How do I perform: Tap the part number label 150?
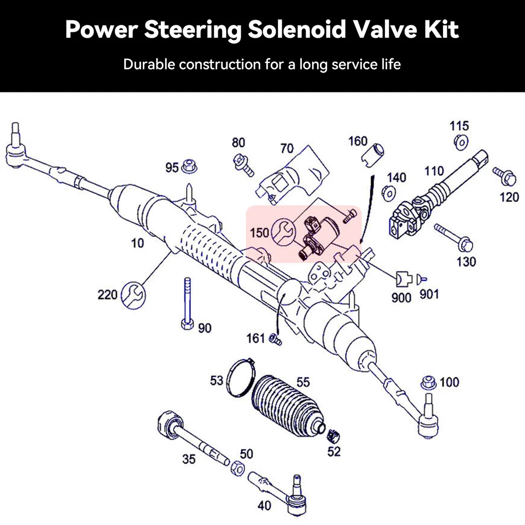tap(259, 232)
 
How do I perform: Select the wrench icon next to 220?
tap(133, 295)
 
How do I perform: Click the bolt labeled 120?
tap(505, 176)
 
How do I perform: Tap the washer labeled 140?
tap(389, 192)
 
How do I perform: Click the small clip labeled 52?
tap(332, 435)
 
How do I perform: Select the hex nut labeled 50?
tap(237, 468)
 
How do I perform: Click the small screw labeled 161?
tap(275, 340)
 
